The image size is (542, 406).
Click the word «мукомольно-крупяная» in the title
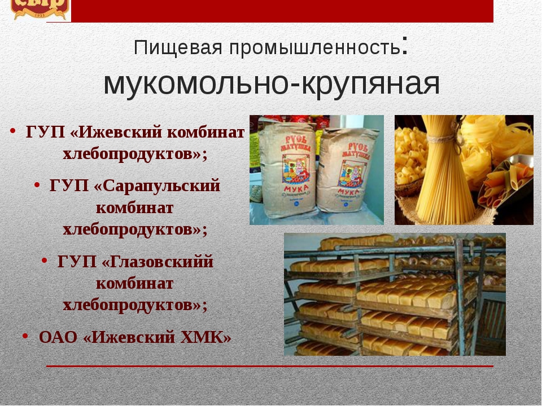pyautogui.click(x=271, y=83)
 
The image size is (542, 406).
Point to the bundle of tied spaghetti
pyautogui.click(x=445, y=180)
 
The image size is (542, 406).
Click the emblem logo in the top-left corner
pyautogui.click(x=40, y=7)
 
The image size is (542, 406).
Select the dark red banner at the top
pyautogui.click(x=282, y=11)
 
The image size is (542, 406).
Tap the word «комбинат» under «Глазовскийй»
pyautogui.click(x=135, y=283)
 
